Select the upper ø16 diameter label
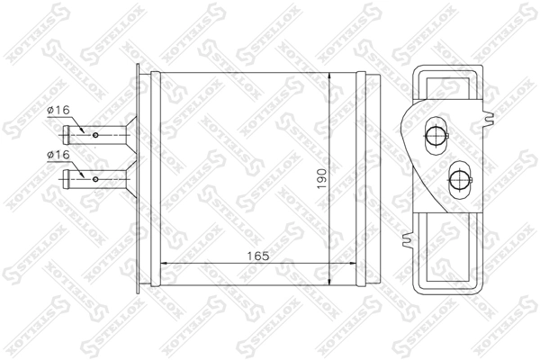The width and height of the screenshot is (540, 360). click(58, 110)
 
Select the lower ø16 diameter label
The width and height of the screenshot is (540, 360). click(58, 155)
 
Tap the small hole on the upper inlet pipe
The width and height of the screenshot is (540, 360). click(95, 135)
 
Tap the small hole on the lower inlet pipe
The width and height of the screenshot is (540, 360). click(95, 180)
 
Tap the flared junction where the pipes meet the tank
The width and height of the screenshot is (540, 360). click(131, 157)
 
